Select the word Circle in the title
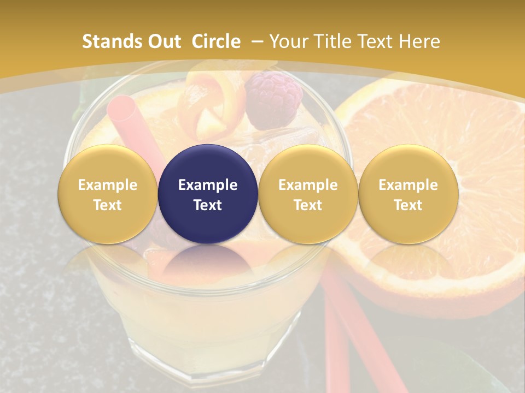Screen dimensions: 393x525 [x=215, y=41]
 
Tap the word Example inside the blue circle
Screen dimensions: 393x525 [x=208, y=185]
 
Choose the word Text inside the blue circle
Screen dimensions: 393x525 [x=208, y=205]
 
